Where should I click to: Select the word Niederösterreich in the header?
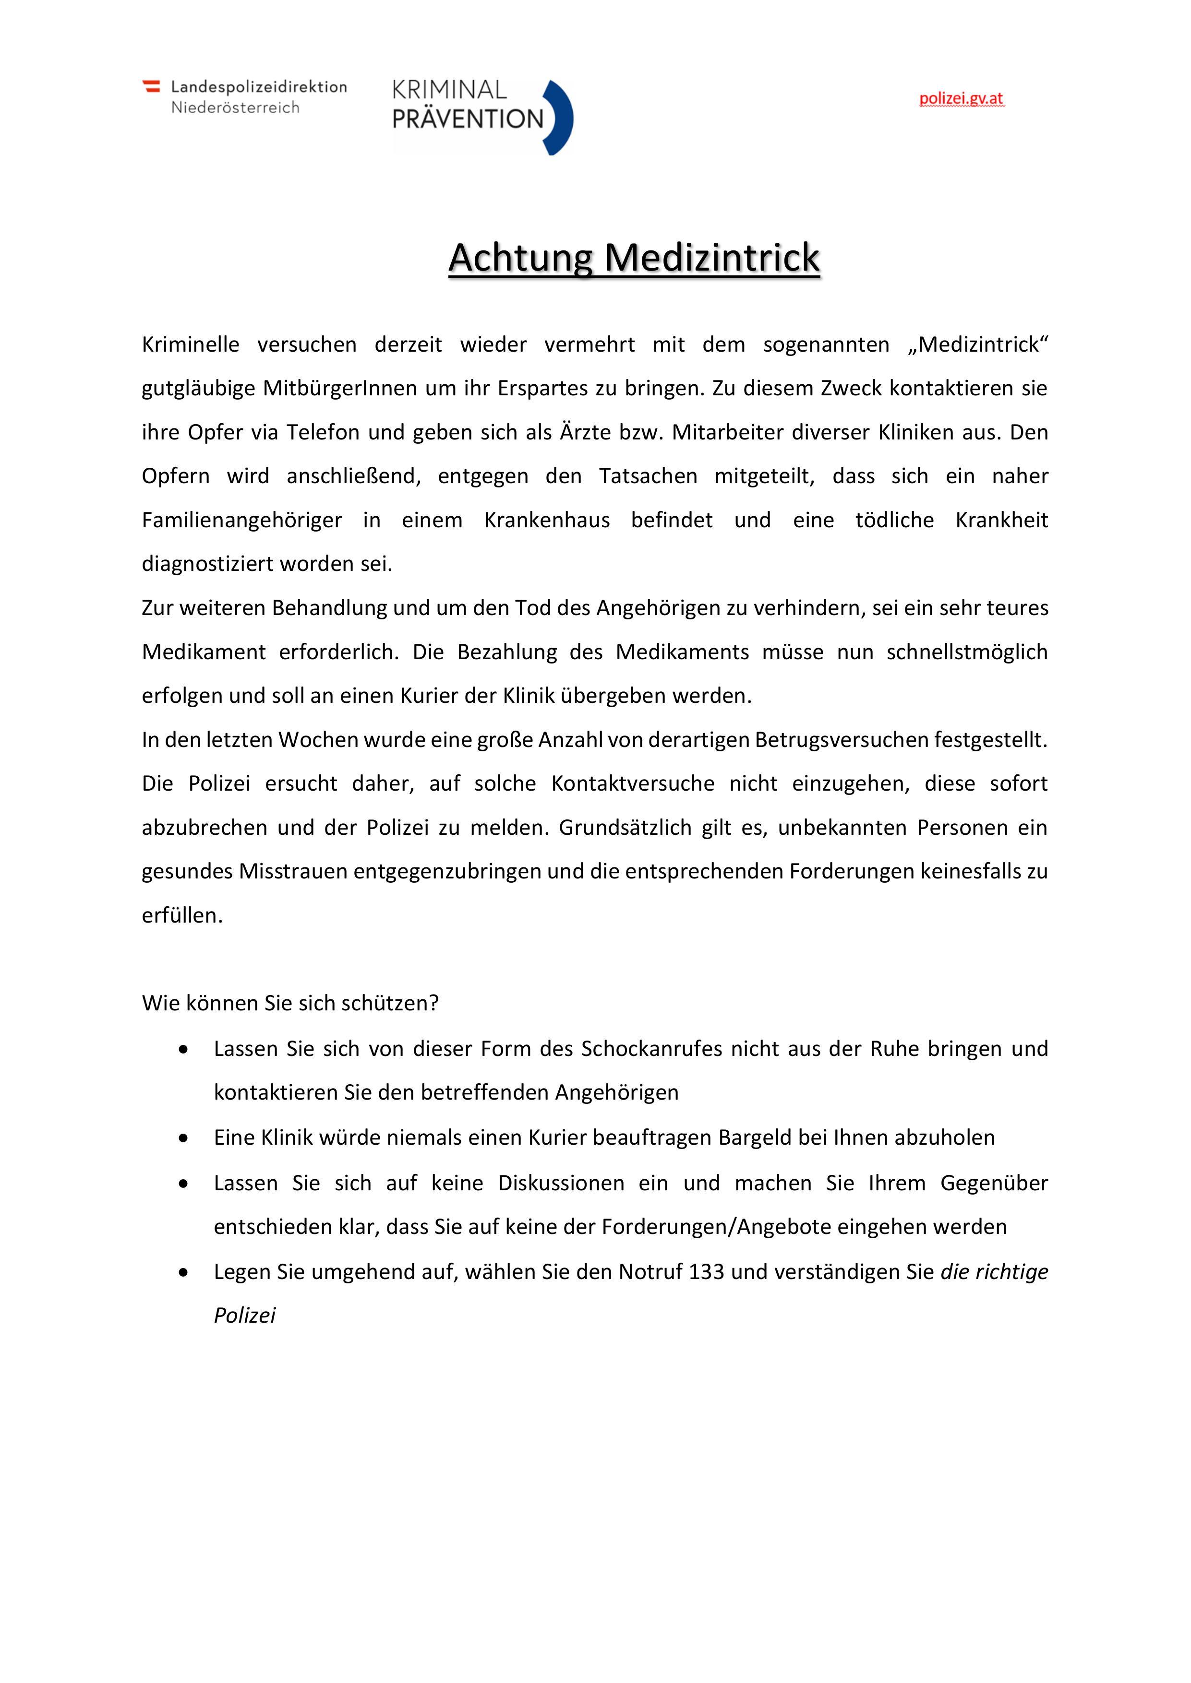(x=235, y=108)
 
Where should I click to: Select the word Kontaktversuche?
(x=633, y=783)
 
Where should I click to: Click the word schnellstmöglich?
(x=967, y=652)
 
